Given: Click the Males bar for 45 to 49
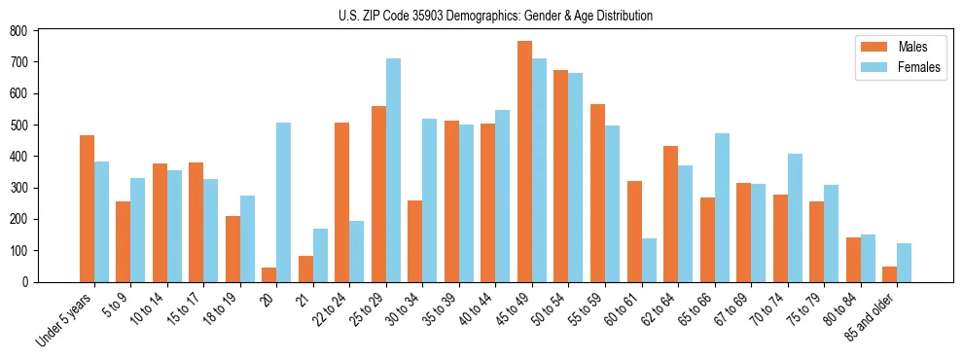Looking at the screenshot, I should coord(524,162).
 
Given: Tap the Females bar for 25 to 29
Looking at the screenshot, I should coord(393,170).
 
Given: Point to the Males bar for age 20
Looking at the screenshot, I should coord(269,274).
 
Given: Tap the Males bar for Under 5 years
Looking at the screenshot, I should coord(87,208).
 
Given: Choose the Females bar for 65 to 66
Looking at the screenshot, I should coord(722,207).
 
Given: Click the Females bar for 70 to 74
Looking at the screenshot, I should coord(795,218).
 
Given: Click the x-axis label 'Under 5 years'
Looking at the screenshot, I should coord(66,318).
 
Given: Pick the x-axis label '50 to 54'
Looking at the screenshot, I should coord(550,307).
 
